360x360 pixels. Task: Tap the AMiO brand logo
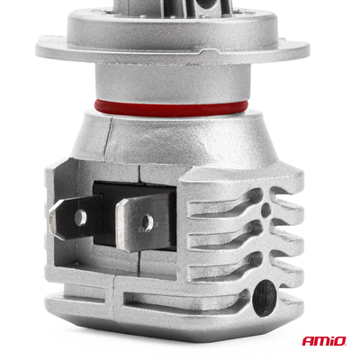[x=324, y=342]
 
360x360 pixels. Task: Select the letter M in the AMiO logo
[x=322, y=342]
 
